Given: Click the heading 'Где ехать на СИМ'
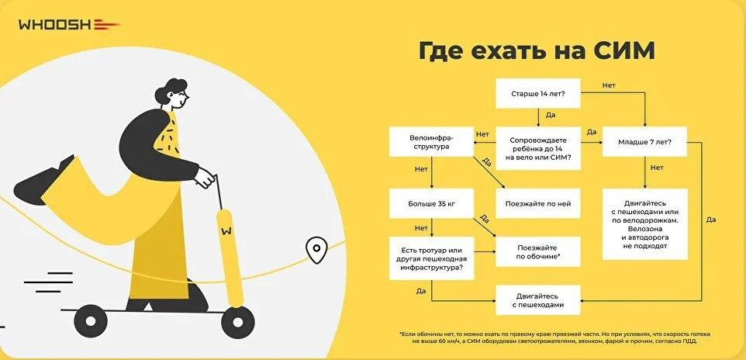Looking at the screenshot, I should pos(537,51).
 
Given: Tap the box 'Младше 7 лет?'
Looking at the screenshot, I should pos(644,142).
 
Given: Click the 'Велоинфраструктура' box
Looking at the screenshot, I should pos(431,142).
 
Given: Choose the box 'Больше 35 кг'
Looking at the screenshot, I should pos(431,204).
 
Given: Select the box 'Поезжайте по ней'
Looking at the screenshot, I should pos(538,204).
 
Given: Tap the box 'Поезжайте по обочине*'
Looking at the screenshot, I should pos(538,251).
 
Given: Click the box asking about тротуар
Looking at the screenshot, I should pos(431,258).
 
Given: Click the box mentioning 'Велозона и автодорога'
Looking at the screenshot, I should pos(644,223).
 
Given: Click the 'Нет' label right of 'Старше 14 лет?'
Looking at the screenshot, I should pos(609,85).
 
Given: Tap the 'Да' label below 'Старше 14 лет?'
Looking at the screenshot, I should pos(550,115).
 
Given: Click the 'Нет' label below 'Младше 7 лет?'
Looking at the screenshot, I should pos(657,168).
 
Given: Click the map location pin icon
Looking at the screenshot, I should pos(315,250).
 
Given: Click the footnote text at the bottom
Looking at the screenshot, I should pos(554,337).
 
